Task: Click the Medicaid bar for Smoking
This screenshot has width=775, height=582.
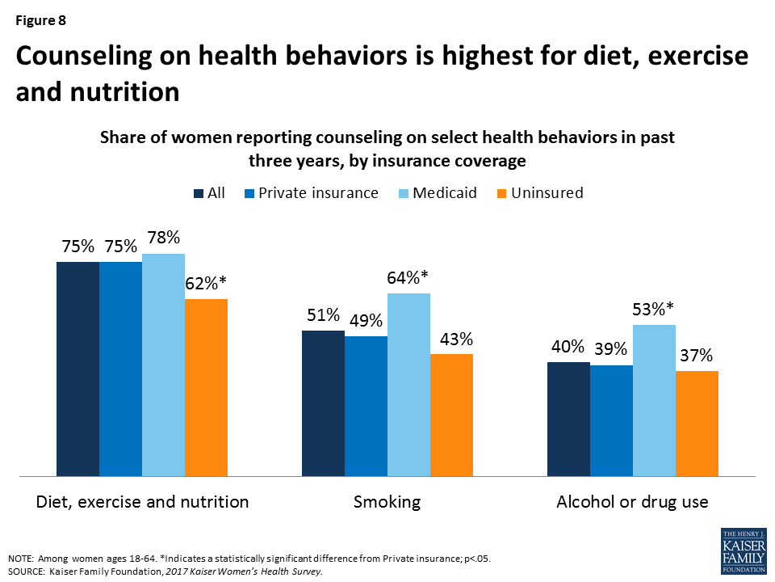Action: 408,385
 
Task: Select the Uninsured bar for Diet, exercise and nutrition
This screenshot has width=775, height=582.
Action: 206,387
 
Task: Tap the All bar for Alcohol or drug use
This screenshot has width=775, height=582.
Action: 568,419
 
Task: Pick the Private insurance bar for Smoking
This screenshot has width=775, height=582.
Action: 366,406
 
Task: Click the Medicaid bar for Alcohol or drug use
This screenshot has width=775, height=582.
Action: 654,400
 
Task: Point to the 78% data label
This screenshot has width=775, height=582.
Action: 163,238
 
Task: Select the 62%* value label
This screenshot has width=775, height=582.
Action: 206,283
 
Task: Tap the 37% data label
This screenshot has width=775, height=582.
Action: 696,355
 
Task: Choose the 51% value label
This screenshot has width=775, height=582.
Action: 322,314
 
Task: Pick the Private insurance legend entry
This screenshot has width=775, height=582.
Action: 314,193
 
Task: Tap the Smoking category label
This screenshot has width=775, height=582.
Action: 387,502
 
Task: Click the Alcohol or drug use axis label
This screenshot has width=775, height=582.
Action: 632,502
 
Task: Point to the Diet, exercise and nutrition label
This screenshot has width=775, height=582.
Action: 142,502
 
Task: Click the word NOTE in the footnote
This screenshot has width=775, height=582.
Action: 23,558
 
